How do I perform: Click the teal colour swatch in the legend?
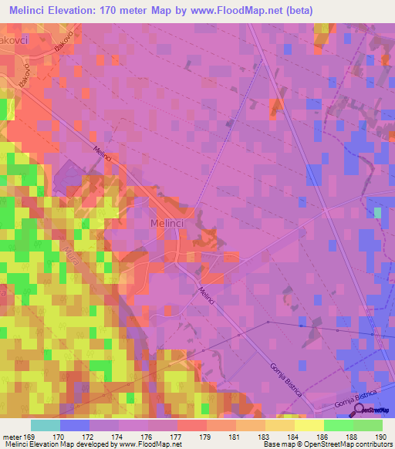46,425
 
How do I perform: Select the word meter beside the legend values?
12,437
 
